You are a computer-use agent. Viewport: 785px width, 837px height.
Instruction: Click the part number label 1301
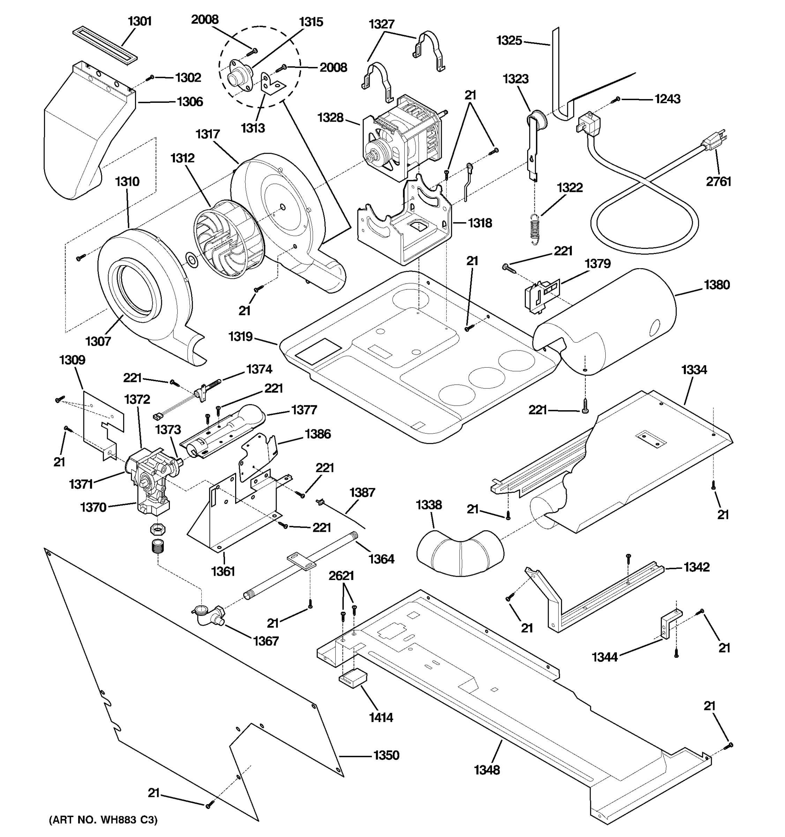pos(140,21)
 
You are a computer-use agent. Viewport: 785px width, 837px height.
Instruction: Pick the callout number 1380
pos(716,285)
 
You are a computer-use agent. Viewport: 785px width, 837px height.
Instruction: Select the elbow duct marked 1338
pos(460,554)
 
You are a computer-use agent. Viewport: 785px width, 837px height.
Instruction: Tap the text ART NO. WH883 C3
pos(104,820)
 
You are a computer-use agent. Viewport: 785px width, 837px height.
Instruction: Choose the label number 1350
pos(386,755)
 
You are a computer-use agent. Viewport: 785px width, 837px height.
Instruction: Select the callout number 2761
pos(718,181)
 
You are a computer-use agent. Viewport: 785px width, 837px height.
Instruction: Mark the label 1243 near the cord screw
pos(667,99)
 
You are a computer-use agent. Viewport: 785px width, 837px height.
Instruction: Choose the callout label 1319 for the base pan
pos(240,337)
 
